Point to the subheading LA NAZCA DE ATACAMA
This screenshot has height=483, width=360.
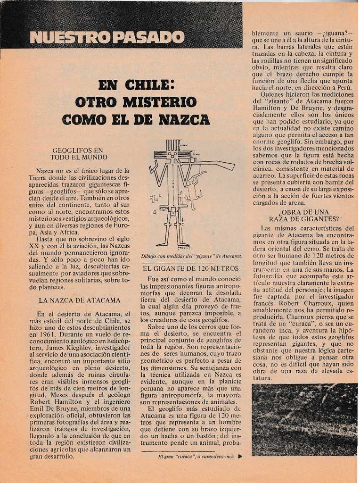tap(79, 300)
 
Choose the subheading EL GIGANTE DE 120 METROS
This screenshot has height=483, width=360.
tap(191, 268)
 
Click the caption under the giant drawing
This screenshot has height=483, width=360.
tap(191, 256)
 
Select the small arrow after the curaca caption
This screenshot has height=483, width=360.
tap(240, 457)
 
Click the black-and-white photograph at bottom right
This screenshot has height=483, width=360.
tap(304, 419)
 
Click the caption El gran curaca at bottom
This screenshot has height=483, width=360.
tap(196, 457)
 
